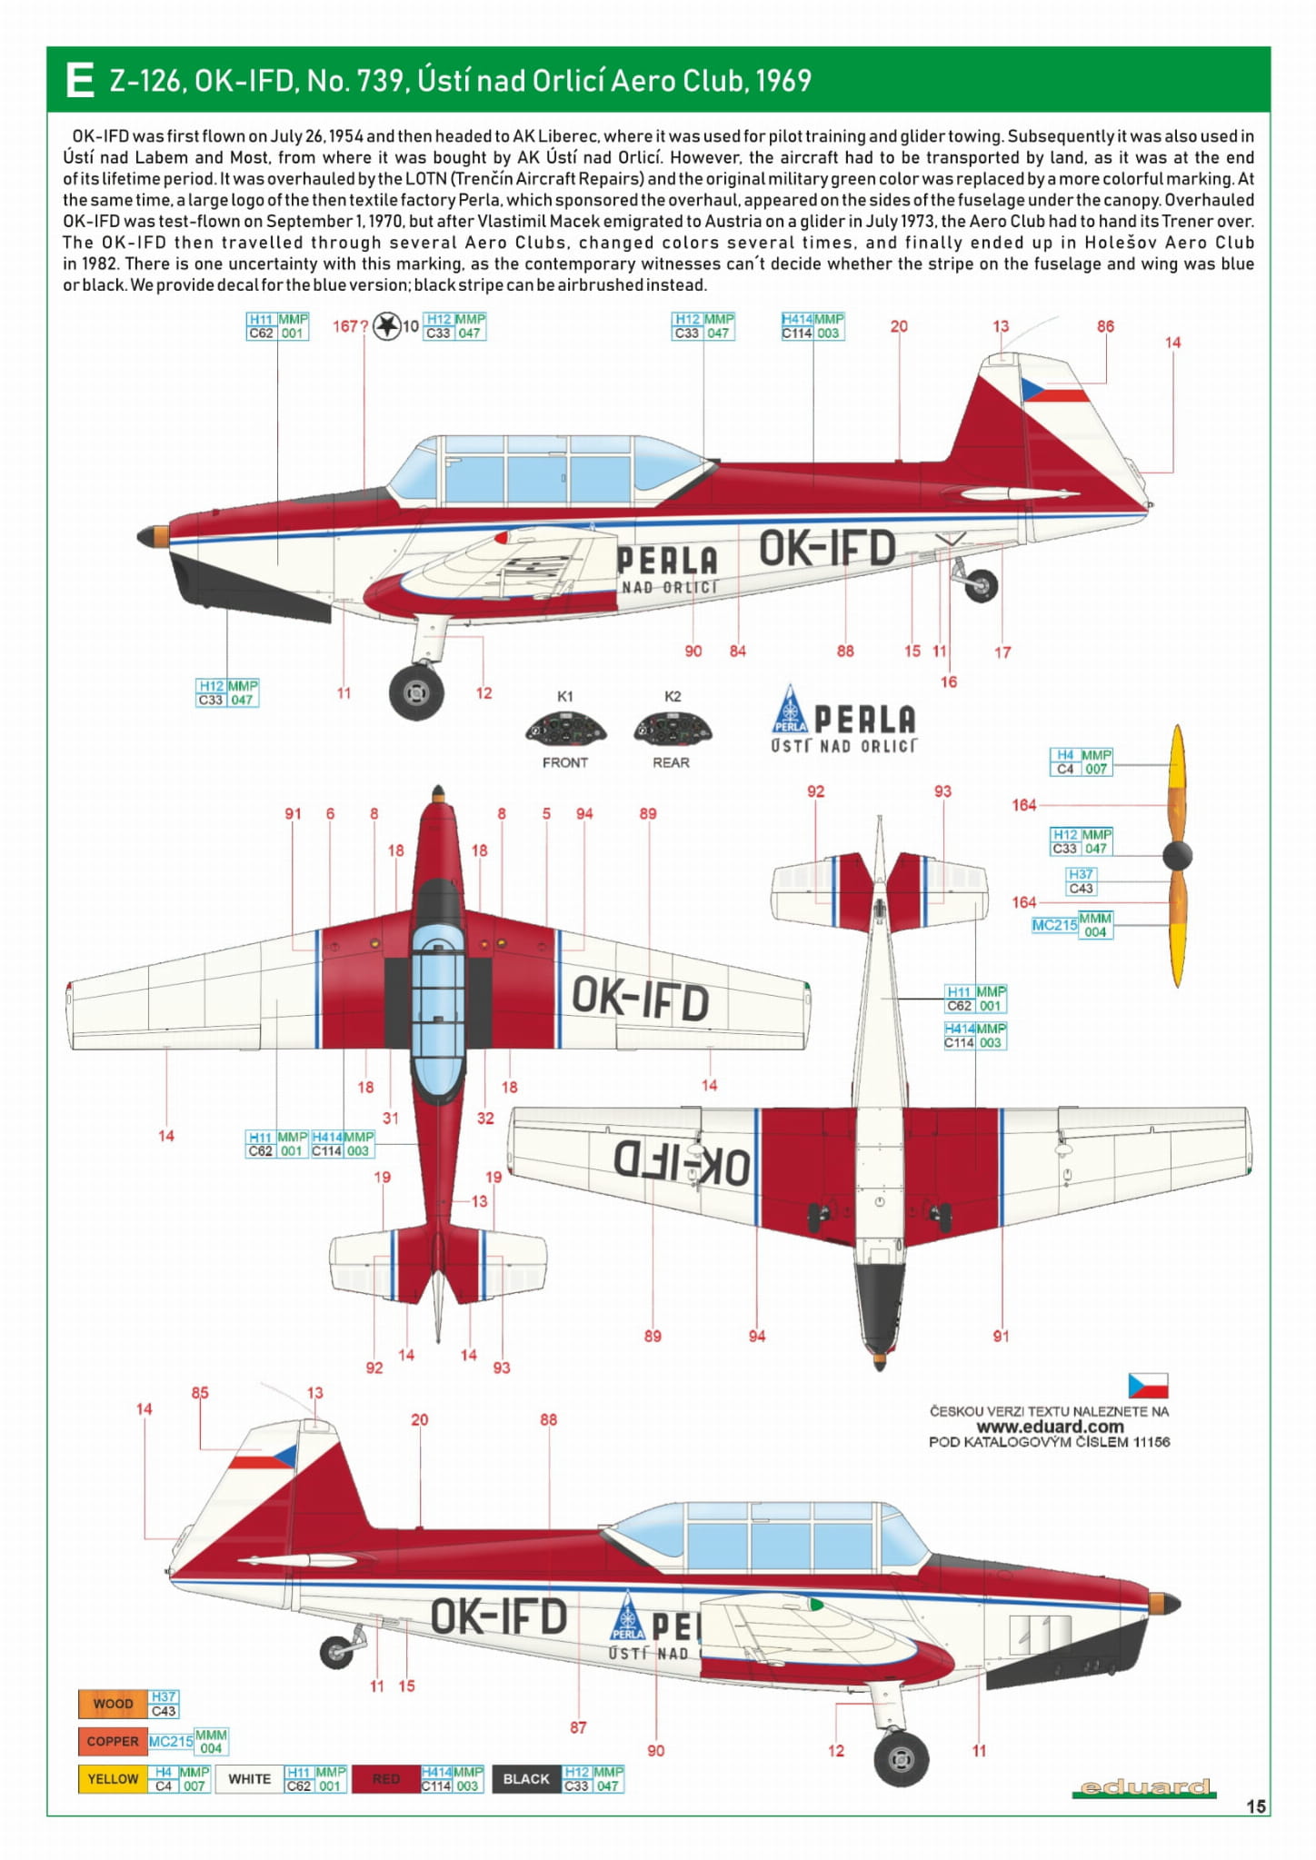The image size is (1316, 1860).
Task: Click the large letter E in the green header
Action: coord(79,80)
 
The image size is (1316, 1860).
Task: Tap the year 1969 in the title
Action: coord(783,81)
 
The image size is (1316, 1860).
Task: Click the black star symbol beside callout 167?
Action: coord(387,325)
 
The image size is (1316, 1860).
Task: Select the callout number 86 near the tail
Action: coord(1105,326)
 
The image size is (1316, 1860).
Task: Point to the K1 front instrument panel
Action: coord(565,729)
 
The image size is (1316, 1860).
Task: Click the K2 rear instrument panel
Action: coord(673,729)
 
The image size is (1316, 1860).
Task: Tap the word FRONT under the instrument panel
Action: coord(565,762)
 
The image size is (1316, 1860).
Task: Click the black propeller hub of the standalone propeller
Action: coord(1177,855)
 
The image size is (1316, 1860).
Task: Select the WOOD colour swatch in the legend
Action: coord(113,1704)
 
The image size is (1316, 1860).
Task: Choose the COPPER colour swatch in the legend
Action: coord(113,1741)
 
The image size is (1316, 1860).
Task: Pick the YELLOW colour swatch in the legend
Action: coord(113,1778)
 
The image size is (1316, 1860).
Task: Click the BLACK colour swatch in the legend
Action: coord(525,1778)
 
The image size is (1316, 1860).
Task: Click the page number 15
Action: coord(1255,1806)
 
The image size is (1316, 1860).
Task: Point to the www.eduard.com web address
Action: coord(1050,1427)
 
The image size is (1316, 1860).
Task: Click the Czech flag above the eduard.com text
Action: coord(1148,1386)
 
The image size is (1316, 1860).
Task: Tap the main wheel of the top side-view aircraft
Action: coord(416,692)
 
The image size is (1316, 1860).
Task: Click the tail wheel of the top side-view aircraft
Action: coord(982,585)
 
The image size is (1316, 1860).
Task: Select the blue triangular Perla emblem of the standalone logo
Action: coord(790,710)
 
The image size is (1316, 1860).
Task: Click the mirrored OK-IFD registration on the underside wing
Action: coord(682,1164)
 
